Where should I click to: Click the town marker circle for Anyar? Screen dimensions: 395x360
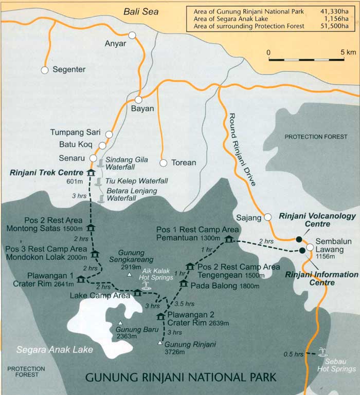coord(132,35)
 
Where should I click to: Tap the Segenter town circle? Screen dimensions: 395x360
coord(45,70)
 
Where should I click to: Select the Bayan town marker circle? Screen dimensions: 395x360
coord(138,100)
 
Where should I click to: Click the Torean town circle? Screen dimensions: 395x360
coord(163,163)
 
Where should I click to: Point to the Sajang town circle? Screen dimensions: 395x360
coord(267,217)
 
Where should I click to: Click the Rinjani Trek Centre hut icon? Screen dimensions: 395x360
coord(91,173)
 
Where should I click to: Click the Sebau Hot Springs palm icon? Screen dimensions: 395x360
coord(323,352)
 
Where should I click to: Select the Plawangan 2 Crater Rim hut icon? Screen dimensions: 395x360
coord(160,316)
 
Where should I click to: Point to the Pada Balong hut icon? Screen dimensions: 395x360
coord(184,284)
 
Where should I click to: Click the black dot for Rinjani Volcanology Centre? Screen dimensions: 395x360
coord(299,239)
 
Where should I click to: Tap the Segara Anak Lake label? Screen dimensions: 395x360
coord(55,350)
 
